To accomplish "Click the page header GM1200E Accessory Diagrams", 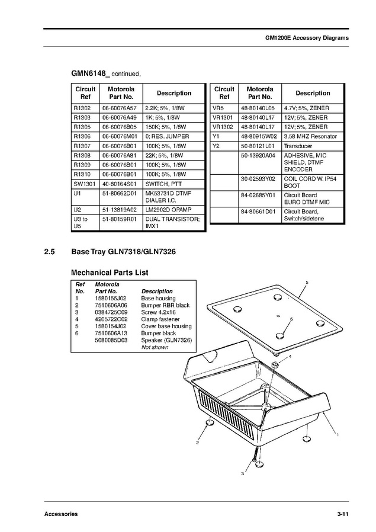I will point(306,37).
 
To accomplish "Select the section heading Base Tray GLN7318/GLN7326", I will point(123,252).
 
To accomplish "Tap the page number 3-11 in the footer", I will point(341,514).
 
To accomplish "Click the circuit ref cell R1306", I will point(82,137).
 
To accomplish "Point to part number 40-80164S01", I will point(119,184).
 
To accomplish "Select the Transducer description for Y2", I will point(298,146).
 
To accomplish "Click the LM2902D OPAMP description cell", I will point(166,210).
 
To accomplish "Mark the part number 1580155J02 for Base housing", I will point(110,298).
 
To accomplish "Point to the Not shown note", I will point(155,347).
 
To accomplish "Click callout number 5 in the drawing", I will point(307,283).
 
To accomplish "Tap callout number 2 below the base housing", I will point(197,442).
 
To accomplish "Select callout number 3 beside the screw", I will point(242,473).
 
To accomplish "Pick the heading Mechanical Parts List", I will point(110,273).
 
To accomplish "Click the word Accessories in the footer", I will point(61,514).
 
